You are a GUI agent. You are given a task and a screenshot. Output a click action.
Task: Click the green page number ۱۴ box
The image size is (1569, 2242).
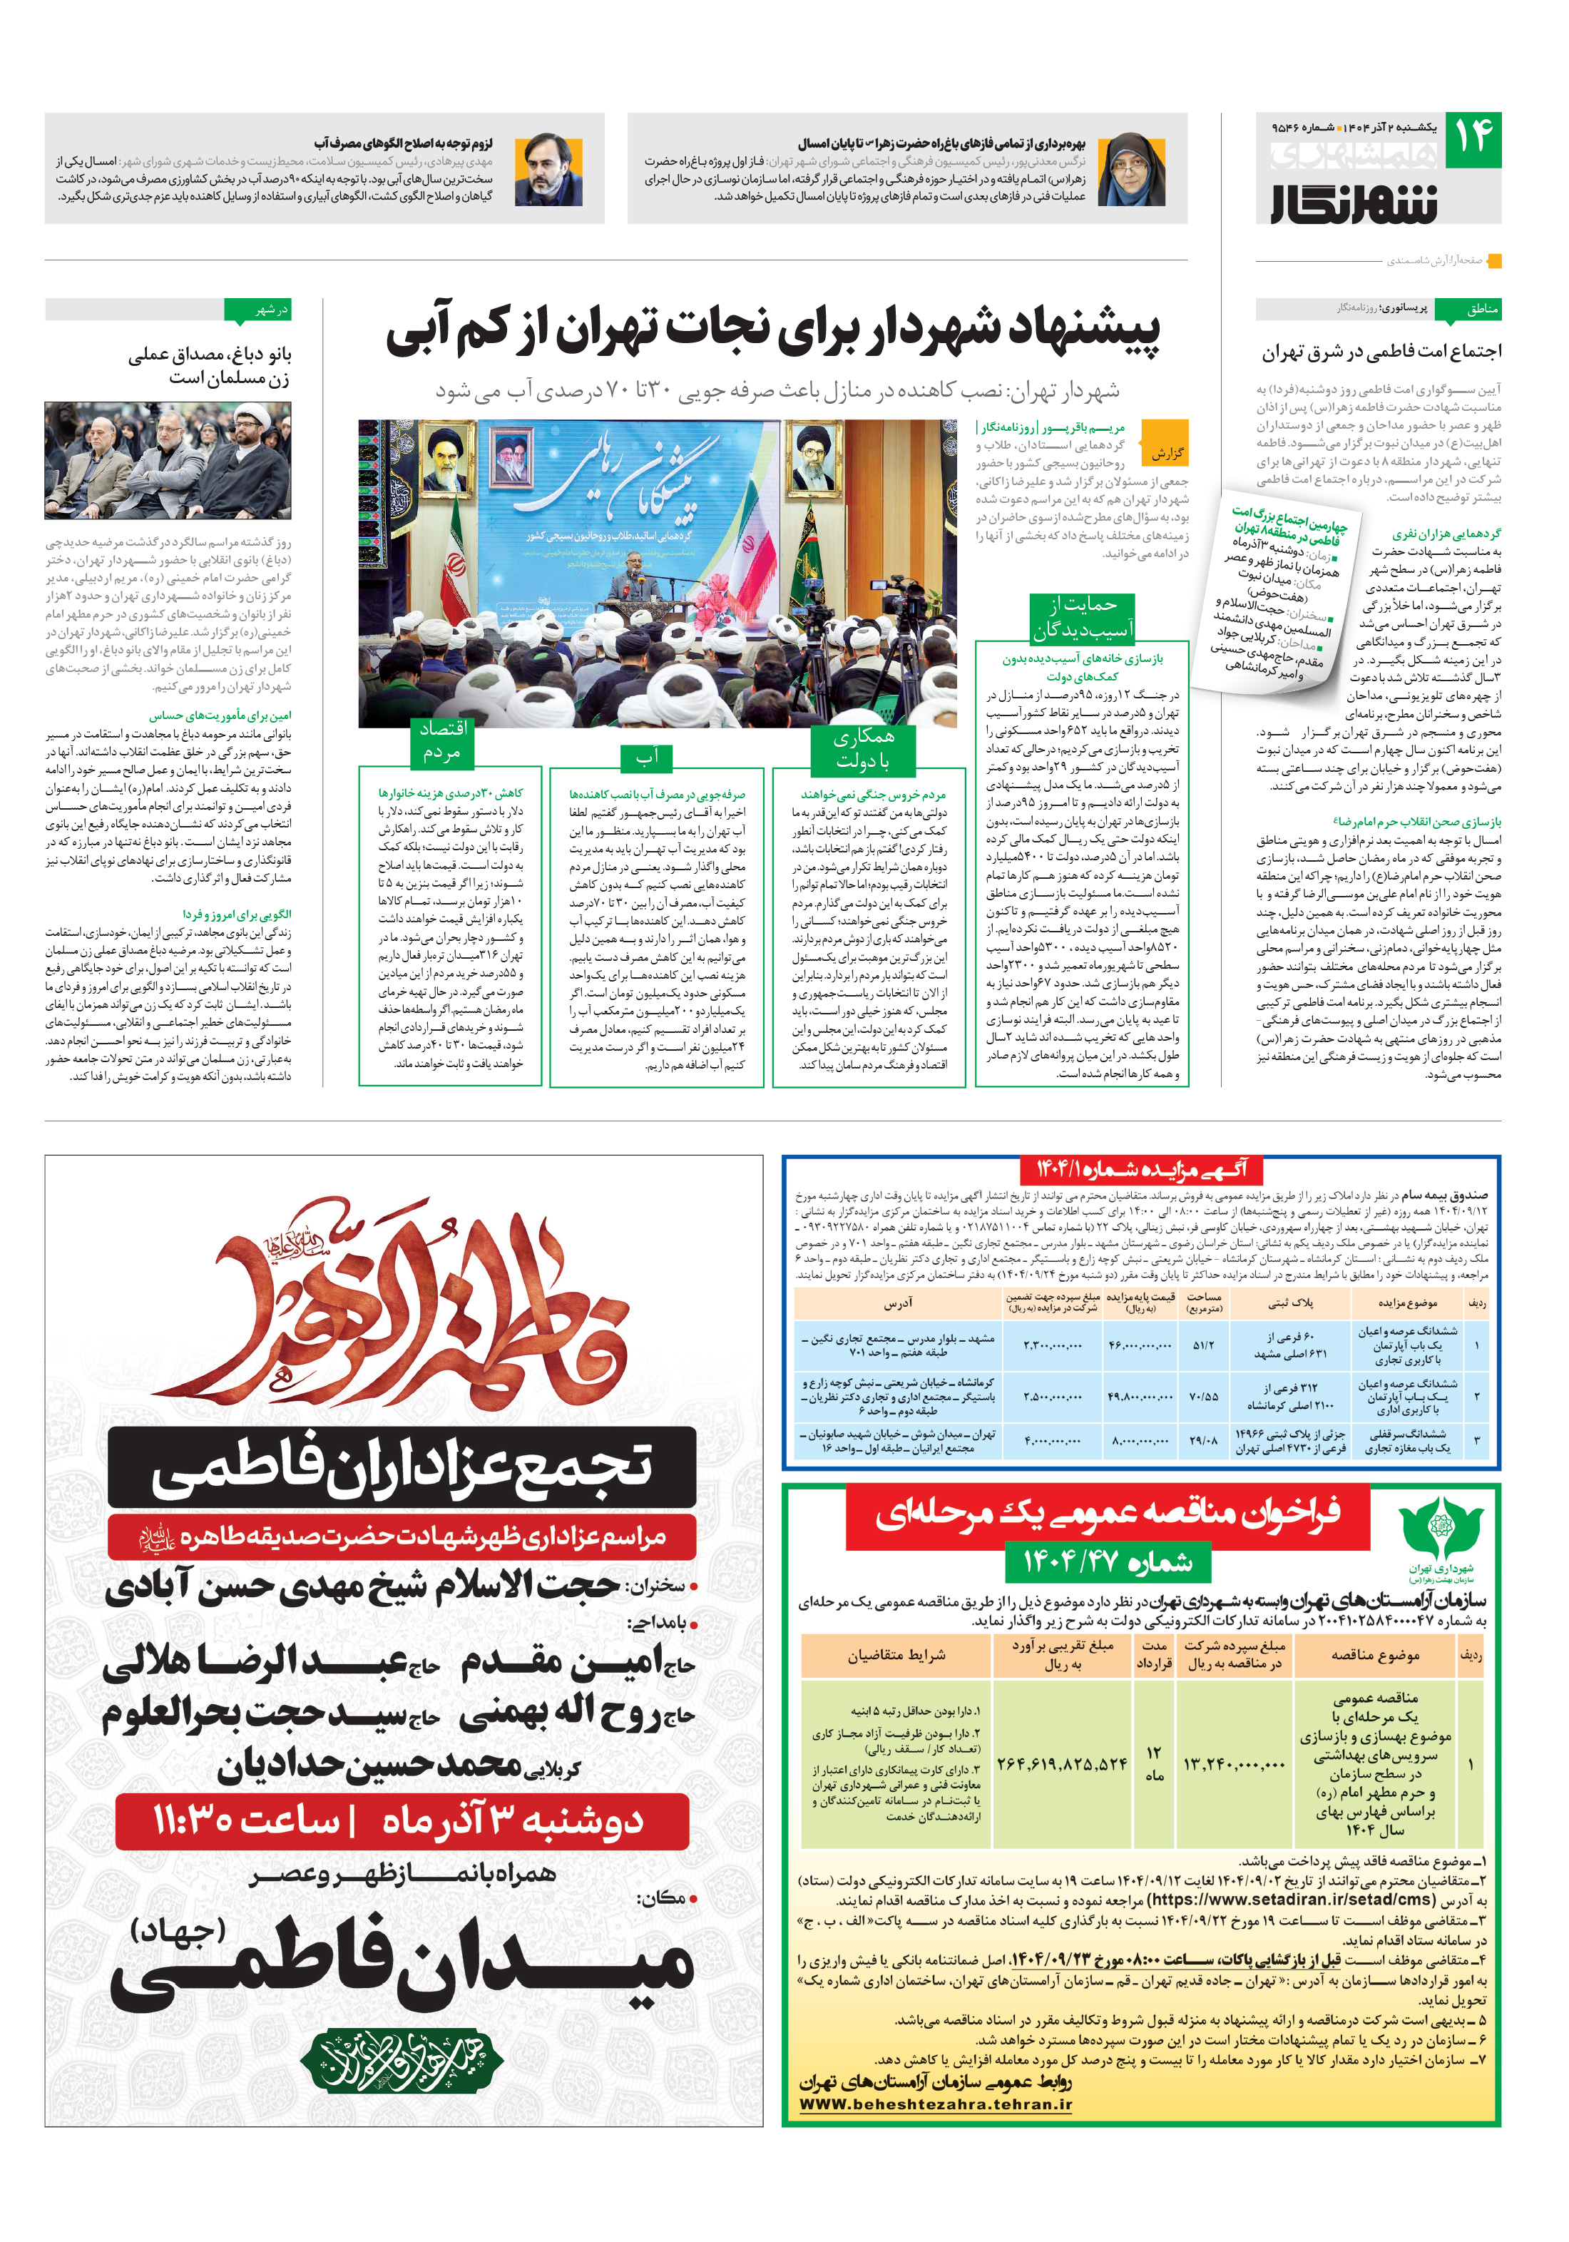1472,138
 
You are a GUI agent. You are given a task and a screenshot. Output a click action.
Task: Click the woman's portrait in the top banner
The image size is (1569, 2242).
1132,168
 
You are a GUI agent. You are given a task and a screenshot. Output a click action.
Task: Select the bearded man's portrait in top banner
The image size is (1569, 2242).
548,168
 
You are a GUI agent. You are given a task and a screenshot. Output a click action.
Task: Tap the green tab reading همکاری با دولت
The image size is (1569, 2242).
863,748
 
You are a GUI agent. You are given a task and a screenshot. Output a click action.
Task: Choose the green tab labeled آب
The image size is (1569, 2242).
648,757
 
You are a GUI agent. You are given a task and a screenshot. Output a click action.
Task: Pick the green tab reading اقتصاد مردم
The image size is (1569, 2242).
442,741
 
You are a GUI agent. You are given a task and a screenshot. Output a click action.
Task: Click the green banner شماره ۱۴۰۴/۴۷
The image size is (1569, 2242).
1108,1562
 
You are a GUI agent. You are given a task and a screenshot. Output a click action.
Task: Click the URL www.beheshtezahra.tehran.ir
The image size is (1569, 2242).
934,2104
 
